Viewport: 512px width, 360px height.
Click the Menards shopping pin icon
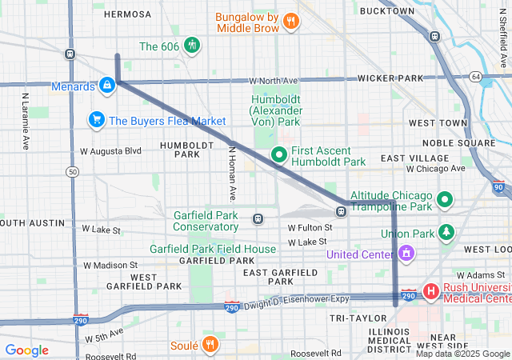(106, 85)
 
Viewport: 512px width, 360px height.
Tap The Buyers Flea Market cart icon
(97, 120)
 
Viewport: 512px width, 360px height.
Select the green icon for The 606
(191, 46)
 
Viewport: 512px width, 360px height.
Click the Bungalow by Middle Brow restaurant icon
(292, 22)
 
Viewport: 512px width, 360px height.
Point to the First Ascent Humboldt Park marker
(279, 154)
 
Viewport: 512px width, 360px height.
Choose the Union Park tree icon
(446, 233)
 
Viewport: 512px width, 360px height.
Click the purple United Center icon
(406, 254)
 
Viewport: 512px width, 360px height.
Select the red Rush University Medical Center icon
(430, 290)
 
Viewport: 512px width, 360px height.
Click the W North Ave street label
(273, 80)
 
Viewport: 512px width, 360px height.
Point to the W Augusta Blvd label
(110, 150)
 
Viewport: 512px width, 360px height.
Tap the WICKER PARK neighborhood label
(390, 78)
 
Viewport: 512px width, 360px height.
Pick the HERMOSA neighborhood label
(127, 14)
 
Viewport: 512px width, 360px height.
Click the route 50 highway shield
(73, 171)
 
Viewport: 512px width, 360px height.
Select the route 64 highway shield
(476, 77)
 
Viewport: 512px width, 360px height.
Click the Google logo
(27, 350)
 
